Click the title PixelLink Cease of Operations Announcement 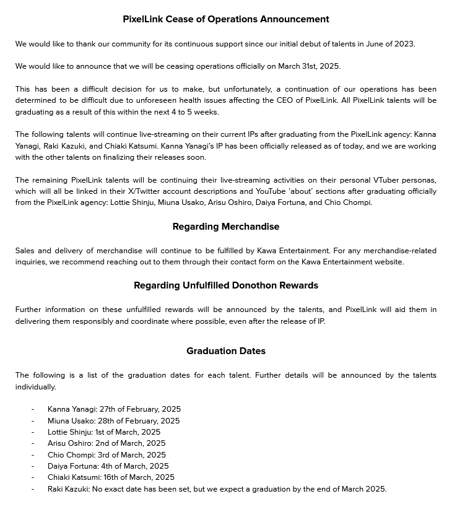coord(226,19)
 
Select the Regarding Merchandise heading coord(226,227)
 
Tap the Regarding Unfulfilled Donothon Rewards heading coord(226,285)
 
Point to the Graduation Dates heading coord(226,351)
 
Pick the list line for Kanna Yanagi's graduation coord(114,409)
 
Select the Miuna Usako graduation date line coord(113,421)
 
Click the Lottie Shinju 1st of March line coord(103,432)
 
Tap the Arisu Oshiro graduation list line coord(106,443)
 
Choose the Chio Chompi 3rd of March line coord(106,455)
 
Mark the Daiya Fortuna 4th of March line coord(108,466)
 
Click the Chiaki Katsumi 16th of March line coord(111,477)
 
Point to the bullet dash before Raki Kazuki coord(33,489)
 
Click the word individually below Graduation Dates coord(36,387)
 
